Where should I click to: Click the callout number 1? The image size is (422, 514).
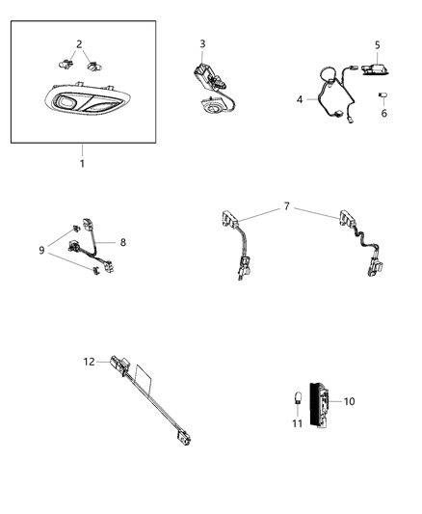click(82, 164)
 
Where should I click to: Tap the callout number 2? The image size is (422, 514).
click(79, 44)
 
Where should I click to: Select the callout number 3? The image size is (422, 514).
click(202, 43)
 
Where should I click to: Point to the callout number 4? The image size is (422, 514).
click(300, 98)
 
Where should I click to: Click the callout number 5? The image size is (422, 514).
click(378, 44)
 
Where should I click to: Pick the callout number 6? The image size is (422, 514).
click(385, 113)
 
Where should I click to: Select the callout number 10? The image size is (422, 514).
click(350, 400)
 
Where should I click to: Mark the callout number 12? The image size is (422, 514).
click(90, 363)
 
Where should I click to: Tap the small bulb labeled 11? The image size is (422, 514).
click(298, 400)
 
